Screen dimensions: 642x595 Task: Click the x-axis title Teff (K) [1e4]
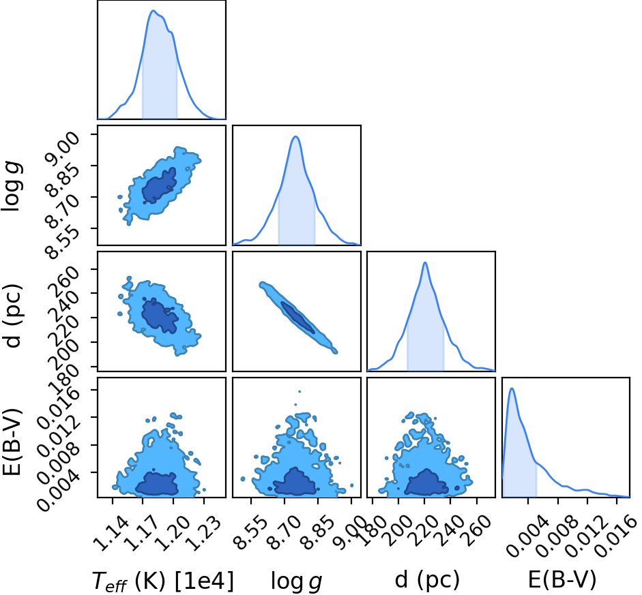(163, 581)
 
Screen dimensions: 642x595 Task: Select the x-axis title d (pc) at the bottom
(427, 579)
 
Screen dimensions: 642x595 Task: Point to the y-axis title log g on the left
(12, 185)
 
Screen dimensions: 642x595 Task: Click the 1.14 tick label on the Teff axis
(111, 533)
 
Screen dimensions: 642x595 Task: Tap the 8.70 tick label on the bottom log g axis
(284, 533)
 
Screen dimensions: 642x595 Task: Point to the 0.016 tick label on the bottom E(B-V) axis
(615, 536)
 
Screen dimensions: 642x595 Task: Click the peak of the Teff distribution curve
(153, 11)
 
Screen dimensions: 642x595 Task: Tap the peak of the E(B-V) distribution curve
(512, 388)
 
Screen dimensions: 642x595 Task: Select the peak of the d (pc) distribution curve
(425, 262)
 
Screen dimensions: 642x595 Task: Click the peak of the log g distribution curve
(295, 136)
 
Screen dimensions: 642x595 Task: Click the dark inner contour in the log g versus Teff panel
(159, 185)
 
